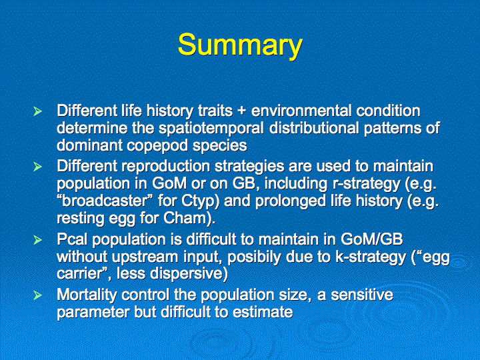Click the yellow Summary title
click(x=240, y=45)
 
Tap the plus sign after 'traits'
click(x=242, y=111)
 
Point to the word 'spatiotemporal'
click(x=211, y=128)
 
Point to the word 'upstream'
click(x=145, y=257)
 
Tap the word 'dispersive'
click(x=189, y=274)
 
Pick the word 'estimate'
click(x=263, y=312)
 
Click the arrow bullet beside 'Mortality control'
click(x=37, y=295)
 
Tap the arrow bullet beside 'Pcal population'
click(x=37, y=240)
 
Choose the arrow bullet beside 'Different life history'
click(x=37, y=111)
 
